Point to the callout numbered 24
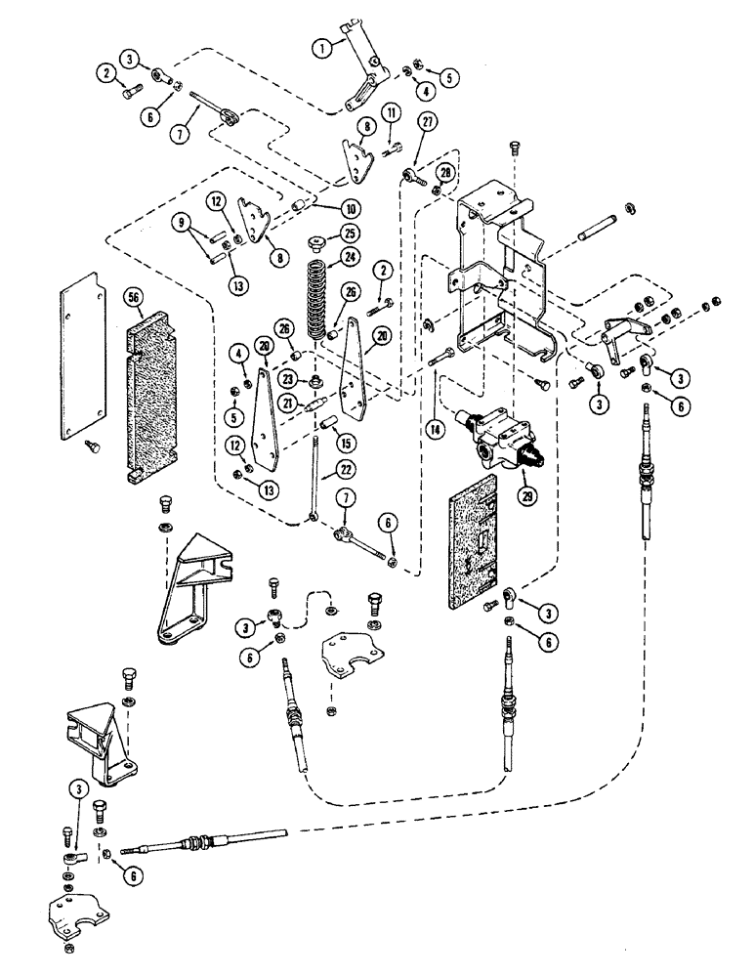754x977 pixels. tap(348, 260)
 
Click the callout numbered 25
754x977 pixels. tap(348, 233)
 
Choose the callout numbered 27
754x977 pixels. tap(426, 121)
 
